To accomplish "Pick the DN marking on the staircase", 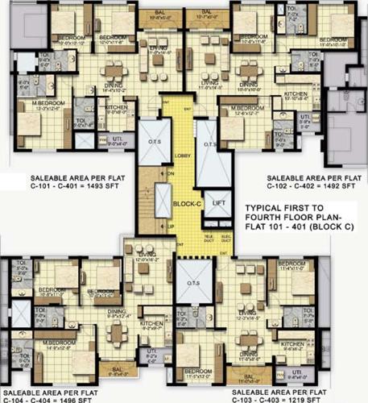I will click(171, 174).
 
